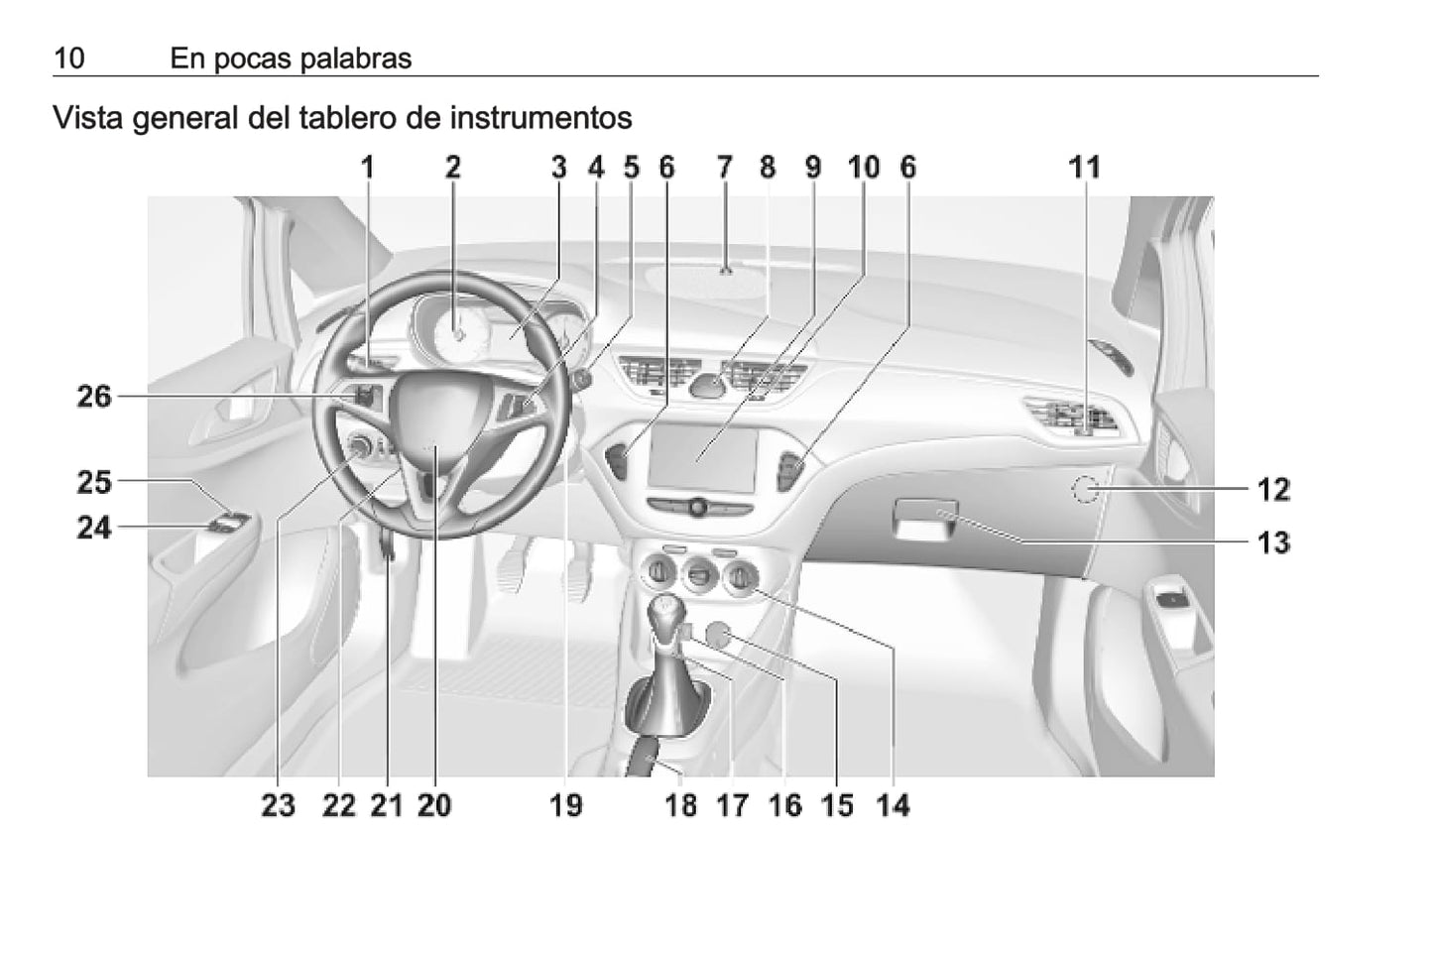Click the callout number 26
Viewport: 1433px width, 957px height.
click(94, 397)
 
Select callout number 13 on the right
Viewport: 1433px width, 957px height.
click(1273, 542)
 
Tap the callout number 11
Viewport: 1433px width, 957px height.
click(1085, 168)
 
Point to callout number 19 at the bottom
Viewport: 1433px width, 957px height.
click(566, 805)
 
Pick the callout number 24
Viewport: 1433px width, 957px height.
click(94, 529)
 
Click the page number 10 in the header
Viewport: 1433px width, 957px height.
click(69, 59)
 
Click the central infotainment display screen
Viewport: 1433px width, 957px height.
click(702, 457)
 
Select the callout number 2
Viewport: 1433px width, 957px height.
click(453, 168)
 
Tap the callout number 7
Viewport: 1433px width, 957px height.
click(724, 168)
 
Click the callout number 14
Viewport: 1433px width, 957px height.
click(894, 805)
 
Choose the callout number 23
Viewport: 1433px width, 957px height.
click(279, 805)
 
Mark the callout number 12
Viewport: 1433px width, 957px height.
click(1273, 490)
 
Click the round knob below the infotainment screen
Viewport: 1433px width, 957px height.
click(698, 508)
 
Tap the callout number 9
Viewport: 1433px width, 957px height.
click(812, 168)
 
